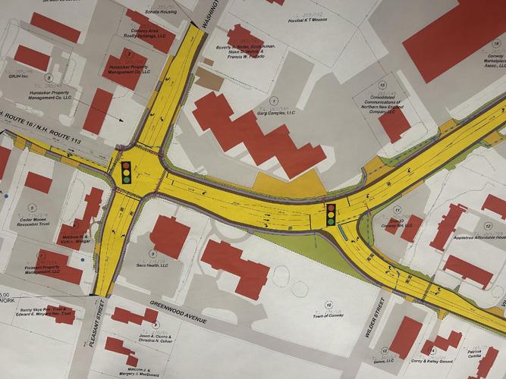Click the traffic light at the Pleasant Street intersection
coord(126,171)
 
